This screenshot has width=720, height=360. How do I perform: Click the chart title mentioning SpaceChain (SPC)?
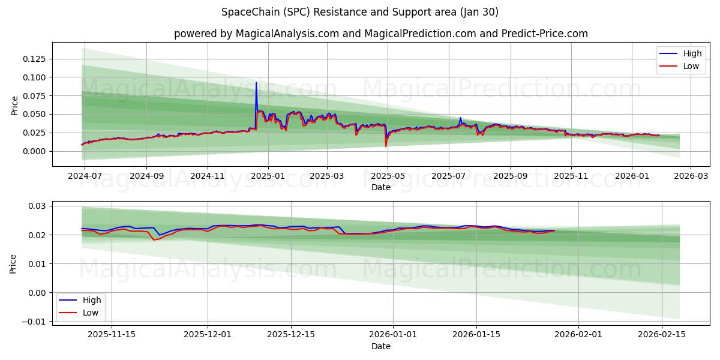(x=359, y=12)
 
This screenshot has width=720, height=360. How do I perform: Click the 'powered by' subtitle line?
(x=380, y=34)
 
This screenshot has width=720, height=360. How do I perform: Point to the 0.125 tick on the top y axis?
(x=35, y=59)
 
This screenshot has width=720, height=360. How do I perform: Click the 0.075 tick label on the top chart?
(x=35, y=96)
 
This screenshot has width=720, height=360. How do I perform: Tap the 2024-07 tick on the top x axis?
(x=85, y=176)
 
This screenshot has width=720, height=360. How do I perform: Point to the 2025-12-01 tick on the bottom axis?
(x=208, y=335)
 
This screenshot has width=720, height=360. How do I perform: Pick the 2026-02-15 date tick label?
(x=662, y=335)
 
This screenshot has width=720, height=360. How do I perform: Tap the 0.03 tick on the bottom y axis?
(x=37, y=206)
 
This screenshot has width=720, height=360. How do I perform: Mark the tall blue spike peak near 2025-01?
(x=256, y=83)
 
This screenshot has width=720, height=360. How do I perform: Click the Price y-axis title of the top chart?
(x=15, y=104)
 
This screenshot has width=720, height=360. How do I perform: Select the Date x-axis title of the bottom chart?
(x=380, y=346)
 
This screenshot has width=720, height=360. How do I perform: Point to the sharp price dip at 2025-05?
(x=386, y=146)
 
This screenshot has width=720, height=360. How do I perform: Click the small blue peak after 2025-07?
(x=460, y=118)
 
